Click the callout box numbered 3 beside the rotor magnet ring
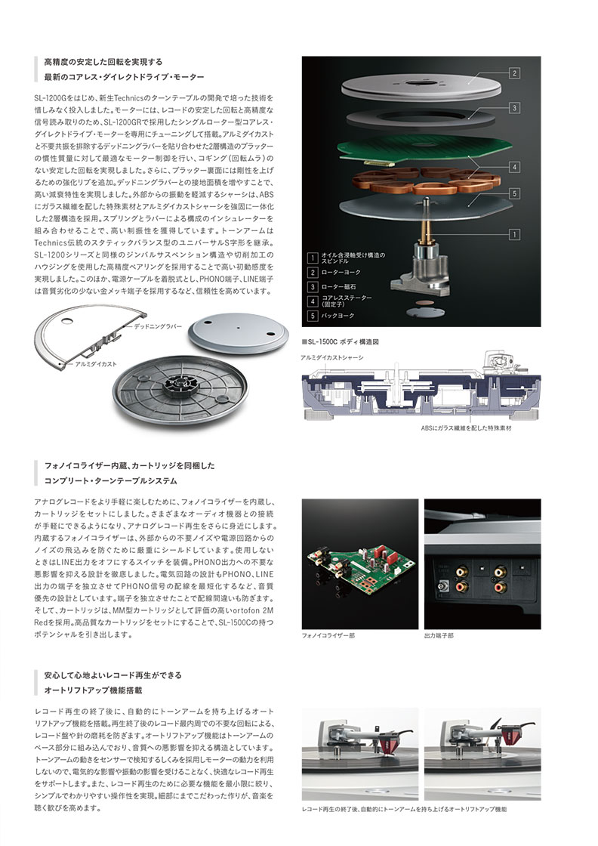514,108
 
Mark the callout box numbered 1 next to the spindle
514,235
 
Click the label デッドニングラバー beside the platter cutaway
159,326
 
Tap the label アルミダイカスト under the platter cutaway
95,364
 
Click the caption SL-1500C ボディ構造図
340,342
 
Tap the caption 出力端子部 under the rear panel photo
439,636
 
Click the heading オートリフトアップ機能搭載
92,690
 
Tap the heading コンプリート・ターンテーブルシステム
110,480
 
